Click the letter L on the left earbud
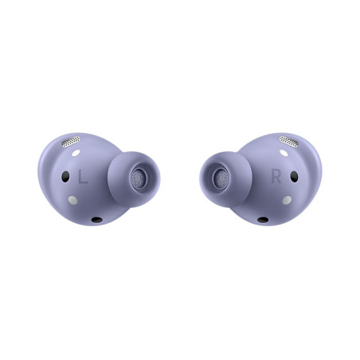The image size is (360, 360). click(x=83, y=177)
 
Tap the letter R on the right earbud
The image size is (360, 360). click(x=276, y=177)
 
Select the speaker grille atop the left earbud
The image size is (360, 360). click(x=71, y=142)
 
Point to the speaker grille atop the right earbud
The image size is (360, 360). click(x=289, y=142)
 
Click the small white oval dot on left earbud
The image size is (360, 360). click(x=76, y=153)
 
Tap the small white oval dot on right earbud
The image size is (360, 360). click(x=284, y=153)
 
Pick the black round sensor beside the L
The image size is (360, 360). click(x=65, y=177)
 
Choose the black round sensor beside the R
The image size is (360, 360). click(x=294, y=177)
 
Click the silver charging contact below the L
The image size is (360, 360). click(x=72, y=200)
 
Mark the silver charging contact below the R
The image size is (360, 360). click(x=287, y=200)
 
